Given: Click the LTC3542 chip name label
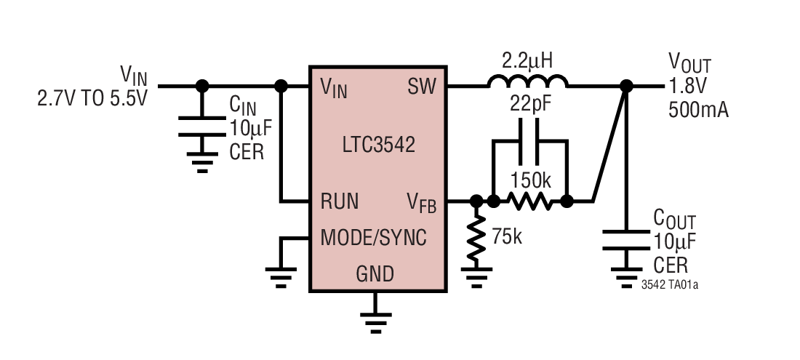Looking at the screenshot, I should click(378, 144).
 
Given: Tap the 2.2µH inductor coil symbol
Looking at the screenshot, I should click(528, 81).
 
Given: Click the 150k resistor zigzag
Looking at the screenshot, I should click(530, 201).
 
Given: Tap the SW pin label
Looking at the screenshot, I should click(421, 87).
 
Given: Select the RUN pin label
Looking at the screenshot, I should click(340, 201).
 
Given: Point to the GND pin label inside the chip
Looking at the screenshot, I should click(375, 274).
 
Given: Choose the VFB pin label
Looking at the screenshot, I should click(421, 203).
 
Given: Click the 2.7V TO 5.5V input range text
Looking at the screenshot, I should click(92, 97).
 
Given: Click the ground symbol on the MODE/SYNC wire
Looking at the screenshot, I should click(280, 276).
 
